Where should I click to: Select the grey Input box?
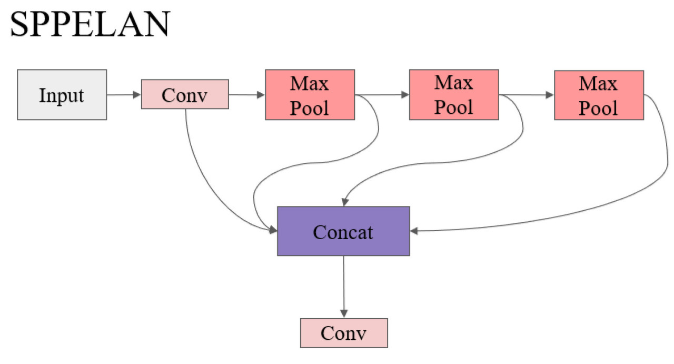coord(62,95)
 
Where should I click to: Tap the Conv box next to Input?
coord(185,94)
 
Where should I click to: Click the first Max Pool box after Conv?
coord(310,95)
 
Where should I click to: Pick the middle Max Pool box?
coord(453,95)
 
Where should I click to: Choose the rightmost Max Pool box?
coord(599,95)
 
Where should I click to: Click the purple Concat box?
coord(343,231)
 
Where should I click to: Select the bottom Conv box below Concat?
coord(343,333)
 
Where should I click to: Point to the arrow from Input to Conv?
coord(124,95)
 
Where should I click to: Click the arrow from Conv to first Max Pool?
coord(246,95)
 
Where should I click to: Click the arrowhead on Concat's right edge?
coord(413,231)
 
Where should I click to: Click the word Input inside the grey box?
coord(62,95)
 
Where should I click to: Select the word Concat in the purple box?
coord(343,232)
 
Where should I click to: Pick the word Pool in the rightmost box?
coord(599,108)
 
